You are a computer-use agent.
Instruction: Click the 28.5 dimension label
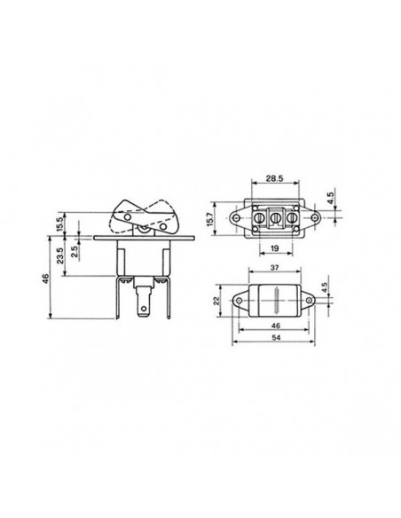pos(275,178)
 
